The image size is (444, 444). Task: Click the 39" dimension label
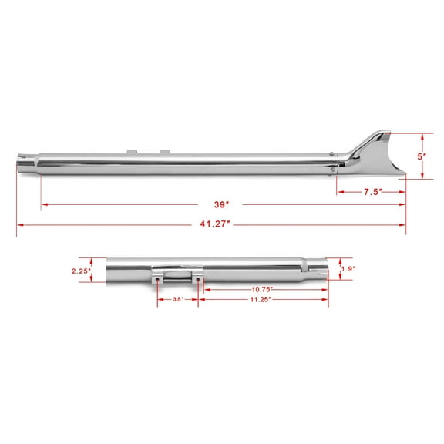coord(223,204)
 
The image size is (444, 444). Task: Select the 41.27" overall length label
coord(210,224)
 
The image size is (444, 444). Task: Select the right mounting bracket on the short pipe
coord(198,274)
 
